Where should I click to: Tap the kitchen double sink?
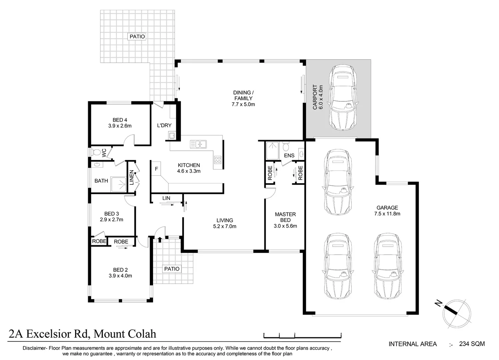coord(198,144)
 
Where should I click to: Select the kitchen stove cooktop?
coord(217,160)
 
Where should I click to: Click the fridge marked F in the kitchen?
coord(156,169)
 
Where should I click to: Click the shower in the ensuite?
coord(273,151)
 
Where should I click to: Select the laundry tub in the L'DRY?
coord(171,135)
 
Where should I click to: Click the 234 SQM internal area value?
coord(472,344)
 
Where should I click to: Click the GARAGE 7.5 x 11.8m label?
coord(387,211)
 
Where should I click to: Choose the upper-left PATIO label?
coord(137,36)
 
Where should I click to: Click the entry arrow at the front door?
coord(160,239)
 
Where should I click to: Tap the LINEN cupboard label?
coord(132,177)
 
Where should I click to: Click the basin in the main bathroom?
coord(97,165)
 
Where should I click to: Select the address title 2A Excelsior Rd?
coord(82,334)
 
